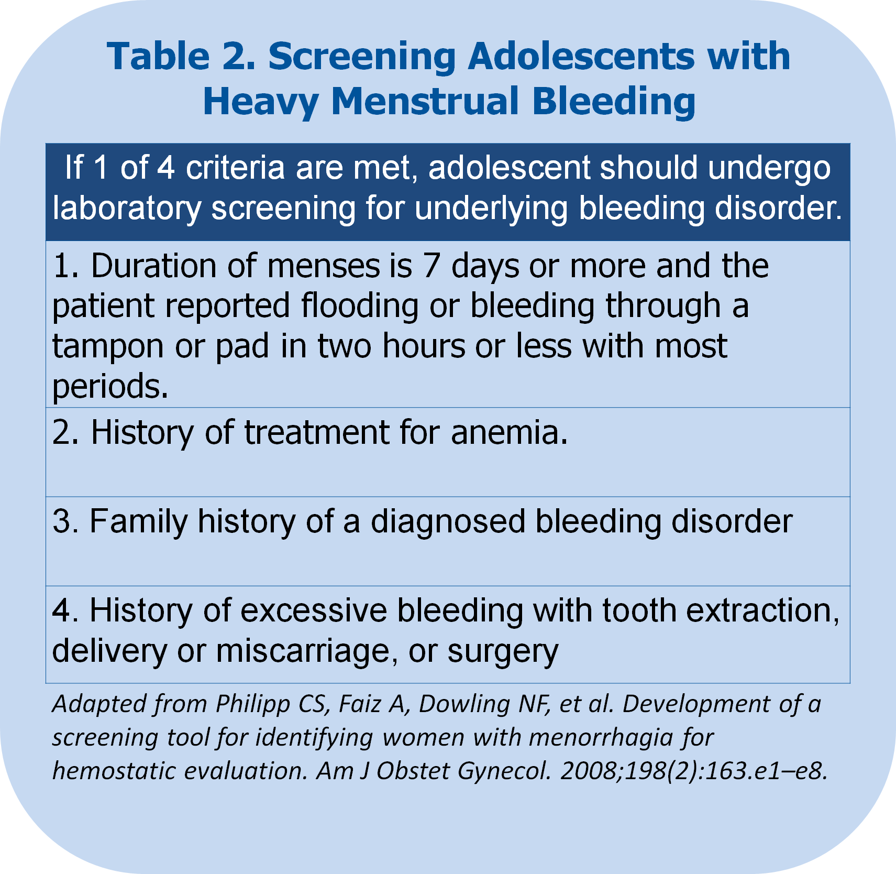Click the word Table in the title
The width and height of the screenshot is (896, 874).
(x=158, y=56)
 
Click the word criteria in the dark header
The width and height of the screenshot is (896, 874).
(x=235, y=168)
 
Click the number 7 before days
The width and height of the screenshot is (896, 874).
(x=431, y=266)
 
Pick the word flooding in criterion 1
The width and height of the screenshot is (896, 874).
(x=360, y=307)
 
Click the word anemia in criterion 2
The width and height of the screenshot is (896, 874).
(x=509, y=433)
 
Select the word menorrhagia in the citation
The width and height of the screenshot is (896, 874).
(x=600, y=738)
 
